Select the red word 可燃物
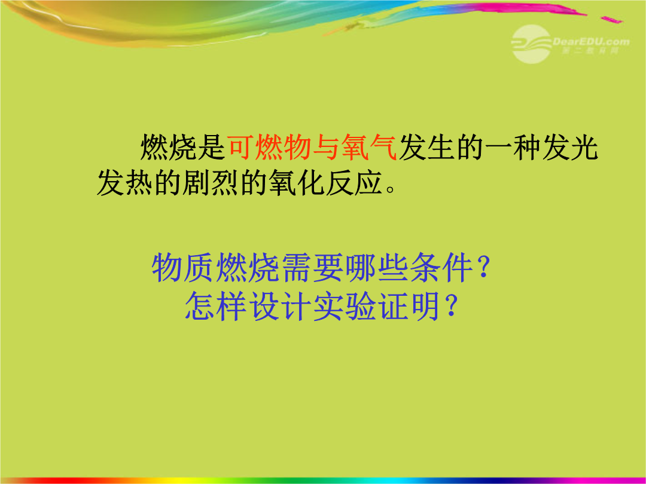pyautogui.click(x=269, y=147)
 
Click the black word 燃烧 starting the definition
pyautogui.click(x=169, y=147)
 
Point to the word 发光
pyautogui.click(x=569, y=147)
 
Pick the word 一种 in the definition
pyautogui.click(x=513, y=147)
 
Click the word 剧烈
pyautogui.click(x=211, y=182)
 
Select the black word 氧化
pyautogui.click(x=296, y=182)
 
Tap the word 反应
pyautogui.click(x=354, y=182)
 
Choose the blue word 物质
pyautogui.click(x=183, y=268)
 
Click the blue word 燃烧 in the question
pyautogui.click(x=248, y=268)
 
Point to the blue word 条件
pyautogui.click(x=441, y=268)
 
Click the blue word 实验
pyautogui.click(x=345, y=306)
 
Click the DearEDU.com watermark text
pyautogui.click(x=591, y=42)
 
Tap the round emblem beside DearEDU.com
pyautogui.click(x=532, y=44)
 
